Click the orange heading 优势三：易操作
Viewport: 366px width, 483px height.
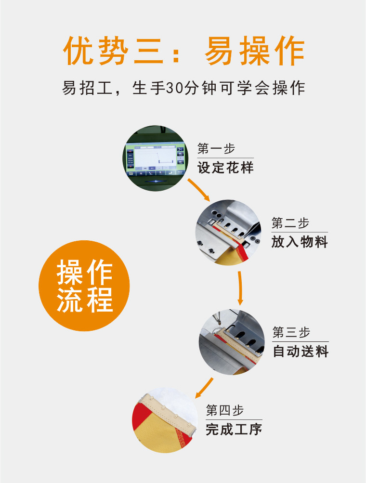click(184, 51)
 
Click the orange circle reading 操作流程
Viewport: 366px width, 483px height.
click(84, 286)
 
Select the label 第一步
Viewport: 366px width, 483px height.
click(216, 148)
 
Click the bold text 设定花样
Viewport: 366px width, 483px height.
click(225, 168)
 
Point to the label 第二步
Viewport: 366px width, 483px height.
click(290, 222)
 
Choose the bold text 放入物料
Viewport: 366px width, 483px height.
click(300, 242)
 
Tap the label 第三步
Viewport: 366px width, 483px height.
click(291, 332)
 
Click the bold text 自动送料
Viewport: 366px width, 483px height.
click(301, 351)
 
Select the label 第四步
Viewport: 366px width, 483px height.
click(224, 410)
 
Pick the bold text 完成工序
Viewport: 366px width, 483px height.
click(234, 429)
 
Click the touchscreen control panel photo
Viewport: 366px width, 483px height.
click(155, 158)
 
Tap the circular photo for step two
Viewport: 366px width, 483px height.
click(228, 232)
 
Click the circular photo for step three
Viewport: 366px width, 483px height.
click(231, 342)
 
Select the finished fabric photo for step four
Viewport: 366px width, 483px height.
click(165, 420)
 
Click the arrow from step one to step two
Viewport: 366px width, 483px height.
click(199, 190)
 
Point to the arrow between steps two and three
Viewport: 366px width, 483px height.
click(240, 288)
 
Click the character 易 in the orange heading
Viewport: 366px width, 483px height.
click(219, 51)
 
